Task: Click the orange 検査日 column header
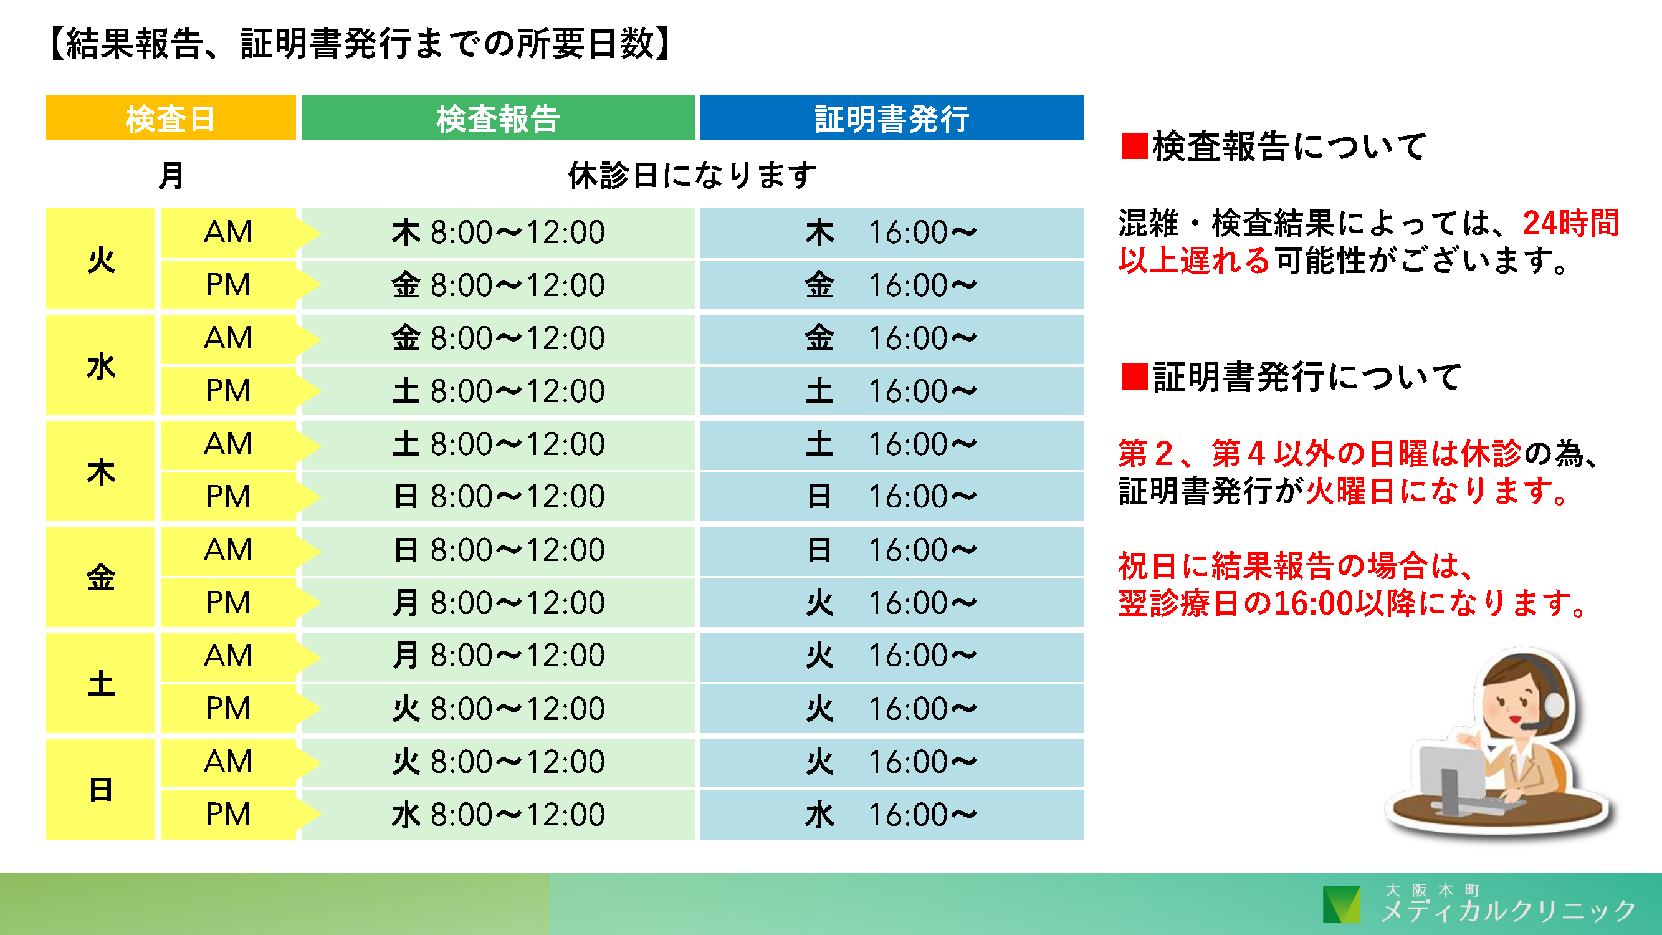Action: [171, 117]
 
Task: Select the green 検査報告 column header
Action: [497, 117]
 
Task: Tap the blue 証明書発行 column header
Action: [892, 117]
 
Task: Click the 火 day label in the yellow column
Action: [101, 259]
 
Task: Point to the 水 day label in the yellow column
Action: [101, 365]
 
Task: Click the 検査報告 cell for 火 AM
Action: [497, 233]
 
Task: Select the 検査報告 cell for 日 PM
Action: [497, 815]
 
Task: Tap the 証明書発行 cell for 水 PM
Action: [892, 391]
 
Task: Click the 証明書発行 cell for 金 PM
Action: [892, 603]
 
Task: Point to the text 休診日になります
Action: [692, 175]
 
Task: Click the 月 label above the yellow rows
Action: [171, 175]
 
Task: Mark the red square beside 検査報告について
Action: [1134, 146]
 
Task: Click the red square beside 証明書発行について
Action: [1134, 377]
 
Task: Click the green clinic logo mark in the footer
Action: [1342, 904]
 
